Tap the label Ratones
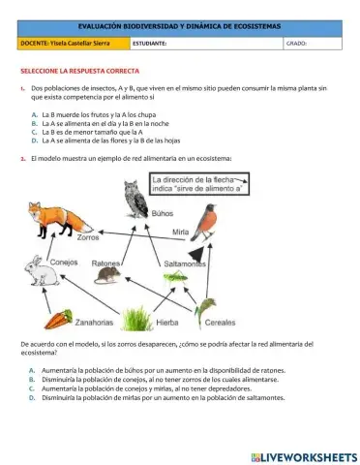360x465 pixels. point(105,263)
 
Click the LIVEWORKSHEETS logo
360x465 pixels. point(302,455)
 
